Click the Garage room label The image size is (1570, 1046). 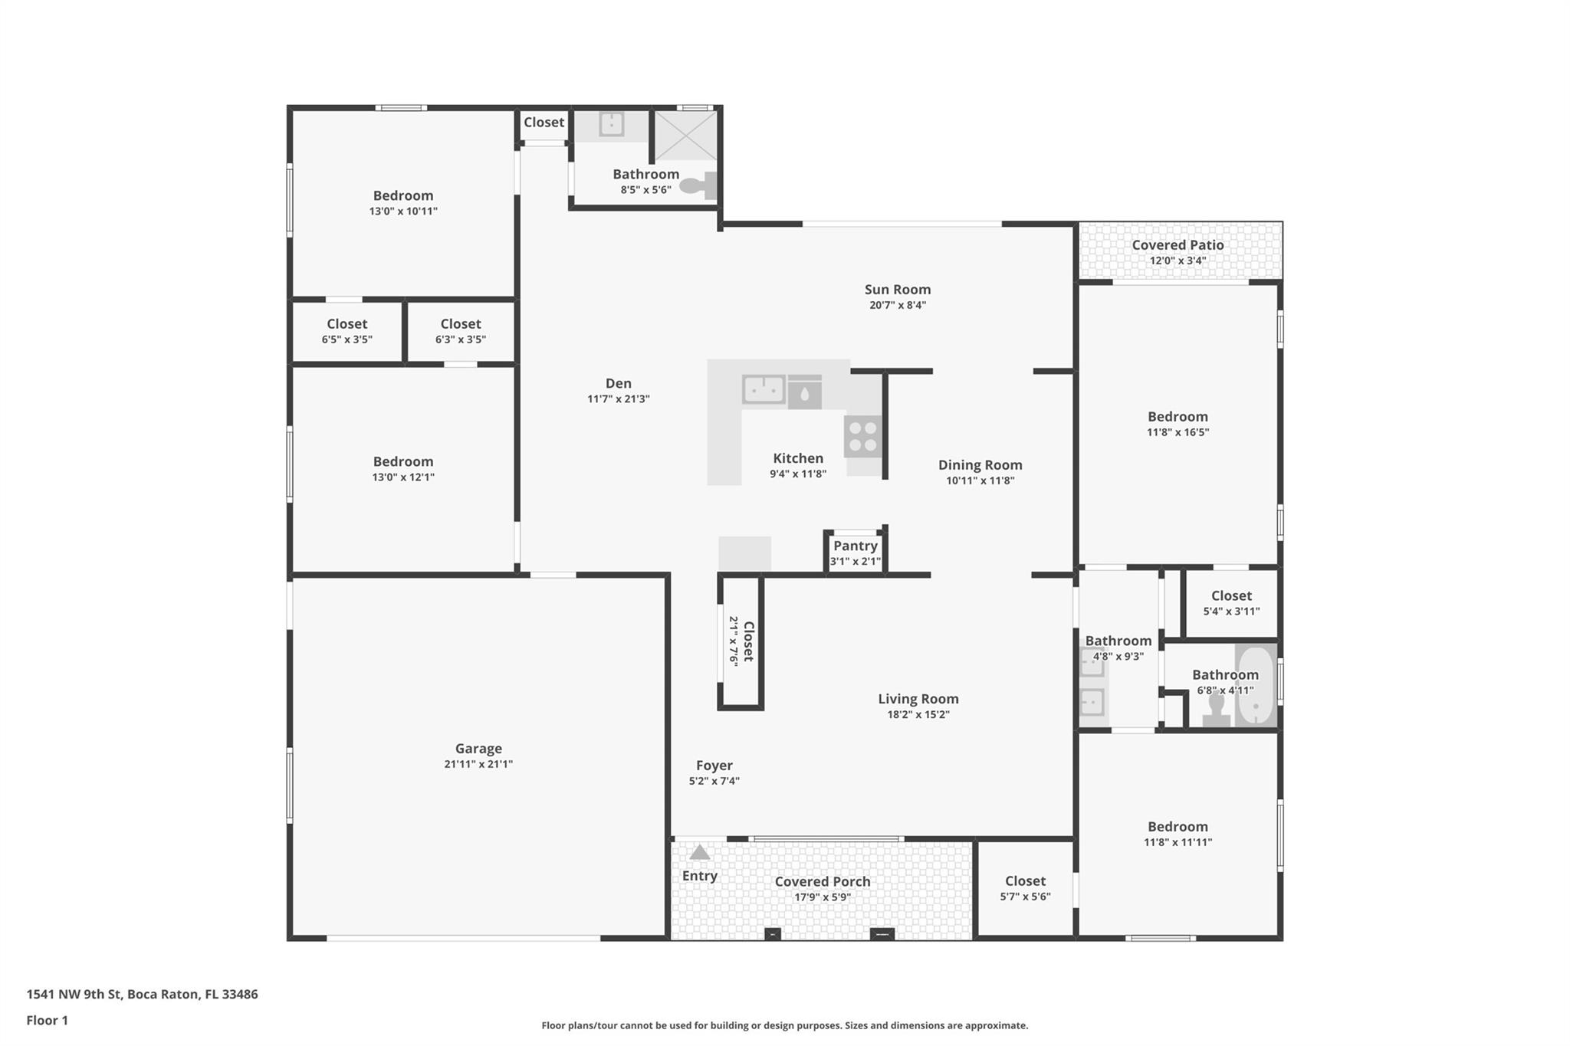pyautogui.click(x=478, y=749)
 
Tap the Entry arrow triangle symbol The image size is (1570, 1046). pyautogui.click(x=699, y=852)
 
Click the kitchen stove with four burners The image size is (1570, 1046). pyautogui.click(x=863, y=437)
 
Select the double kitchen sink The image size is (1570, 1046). pyautogui.click(x=763, y=389)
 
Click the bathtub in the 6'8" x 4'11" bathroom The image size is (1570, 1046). pyautogui.click(x=1256, y=686)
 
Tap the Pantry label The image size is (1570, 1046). pyautogui.click(x=855, y=546)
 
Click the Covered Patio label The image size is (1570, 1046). pyautogui.click(x=1177, y=245)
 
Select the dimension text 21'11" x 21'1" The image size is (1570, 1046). pyautogui.click(x=478, y=764)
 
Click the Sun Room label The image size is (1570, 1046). pyautogui.click(x=897, y=290)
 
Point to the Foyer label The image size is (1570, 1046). pyautogui.click(x=714, y=766)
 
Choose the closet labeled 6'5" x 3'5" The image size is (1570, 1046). pyautogui.click(x=347, y=331)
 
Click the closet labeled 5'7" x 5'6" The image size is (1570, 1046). pyautogui.click(x=1025, y=888)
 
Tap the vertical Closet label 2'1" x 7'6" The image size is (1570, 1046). pyautogui.click(x=748, y=641)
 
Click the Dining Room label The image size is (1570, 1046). pyautogui.click(x=980, y=465)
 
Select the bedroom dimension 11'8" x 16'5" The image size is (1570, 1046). pyautogui.click(x=1177, y=432)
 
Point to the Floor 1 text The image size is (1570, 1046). pyautogui.click(x=47, y=1021)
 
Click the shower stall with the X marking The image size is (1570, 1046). pyautogui.click(x=685, y=136)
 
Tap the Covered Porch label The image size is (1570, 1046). pyautogui.click(x=822, y=881)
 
